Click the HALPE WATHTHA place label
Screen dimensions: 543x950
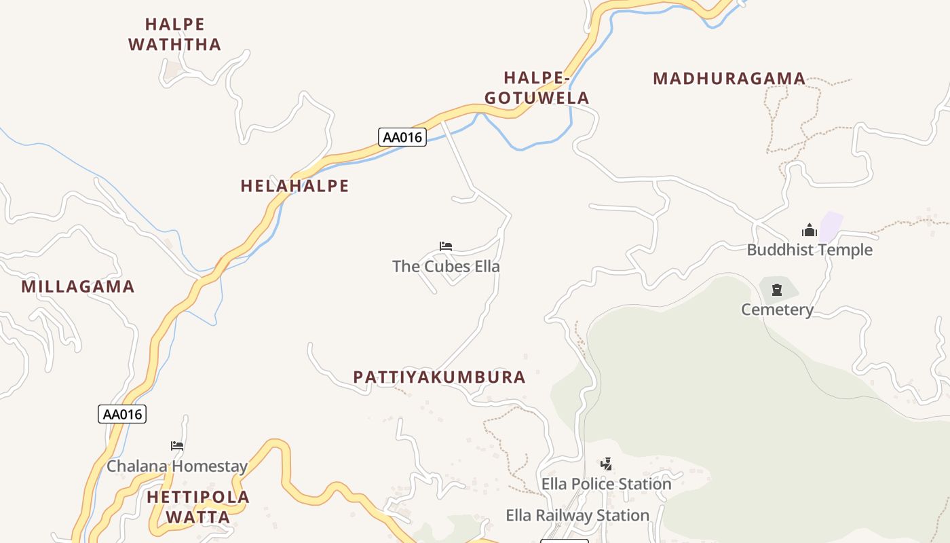174,35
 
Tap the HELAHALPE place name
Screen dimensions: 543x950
294,186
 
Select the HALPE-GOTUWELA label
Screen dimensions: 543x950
537,88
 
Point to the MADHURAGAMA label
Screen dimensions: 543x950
729,79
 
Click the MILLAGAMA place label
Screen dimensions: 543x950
78,286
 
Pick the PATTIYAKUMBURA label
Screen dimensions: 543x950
439,377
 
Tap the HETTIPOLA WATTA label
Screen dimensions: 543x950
198,507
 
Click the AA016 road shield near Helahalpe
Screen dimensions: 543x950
402,137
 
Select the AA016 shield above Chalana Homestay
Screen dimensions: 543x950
122,414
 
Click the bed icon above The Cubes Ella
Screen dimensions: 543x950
446,246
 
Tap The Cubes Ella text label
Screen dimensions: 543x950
446,266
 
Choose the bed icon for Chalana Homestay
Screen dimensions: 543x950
177,446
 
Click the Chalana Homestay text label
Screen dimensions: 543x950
177,466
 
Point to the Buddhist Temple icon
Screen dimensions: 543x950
809,231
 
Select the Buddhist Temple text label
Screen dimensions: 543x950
810,250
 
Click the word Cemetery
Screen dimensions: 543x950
777,310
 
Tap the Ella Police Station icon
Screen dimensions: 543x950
606,464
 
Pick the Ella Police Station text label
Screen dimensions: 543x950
606,484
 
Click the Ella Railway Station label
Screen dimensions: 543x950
577,516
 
